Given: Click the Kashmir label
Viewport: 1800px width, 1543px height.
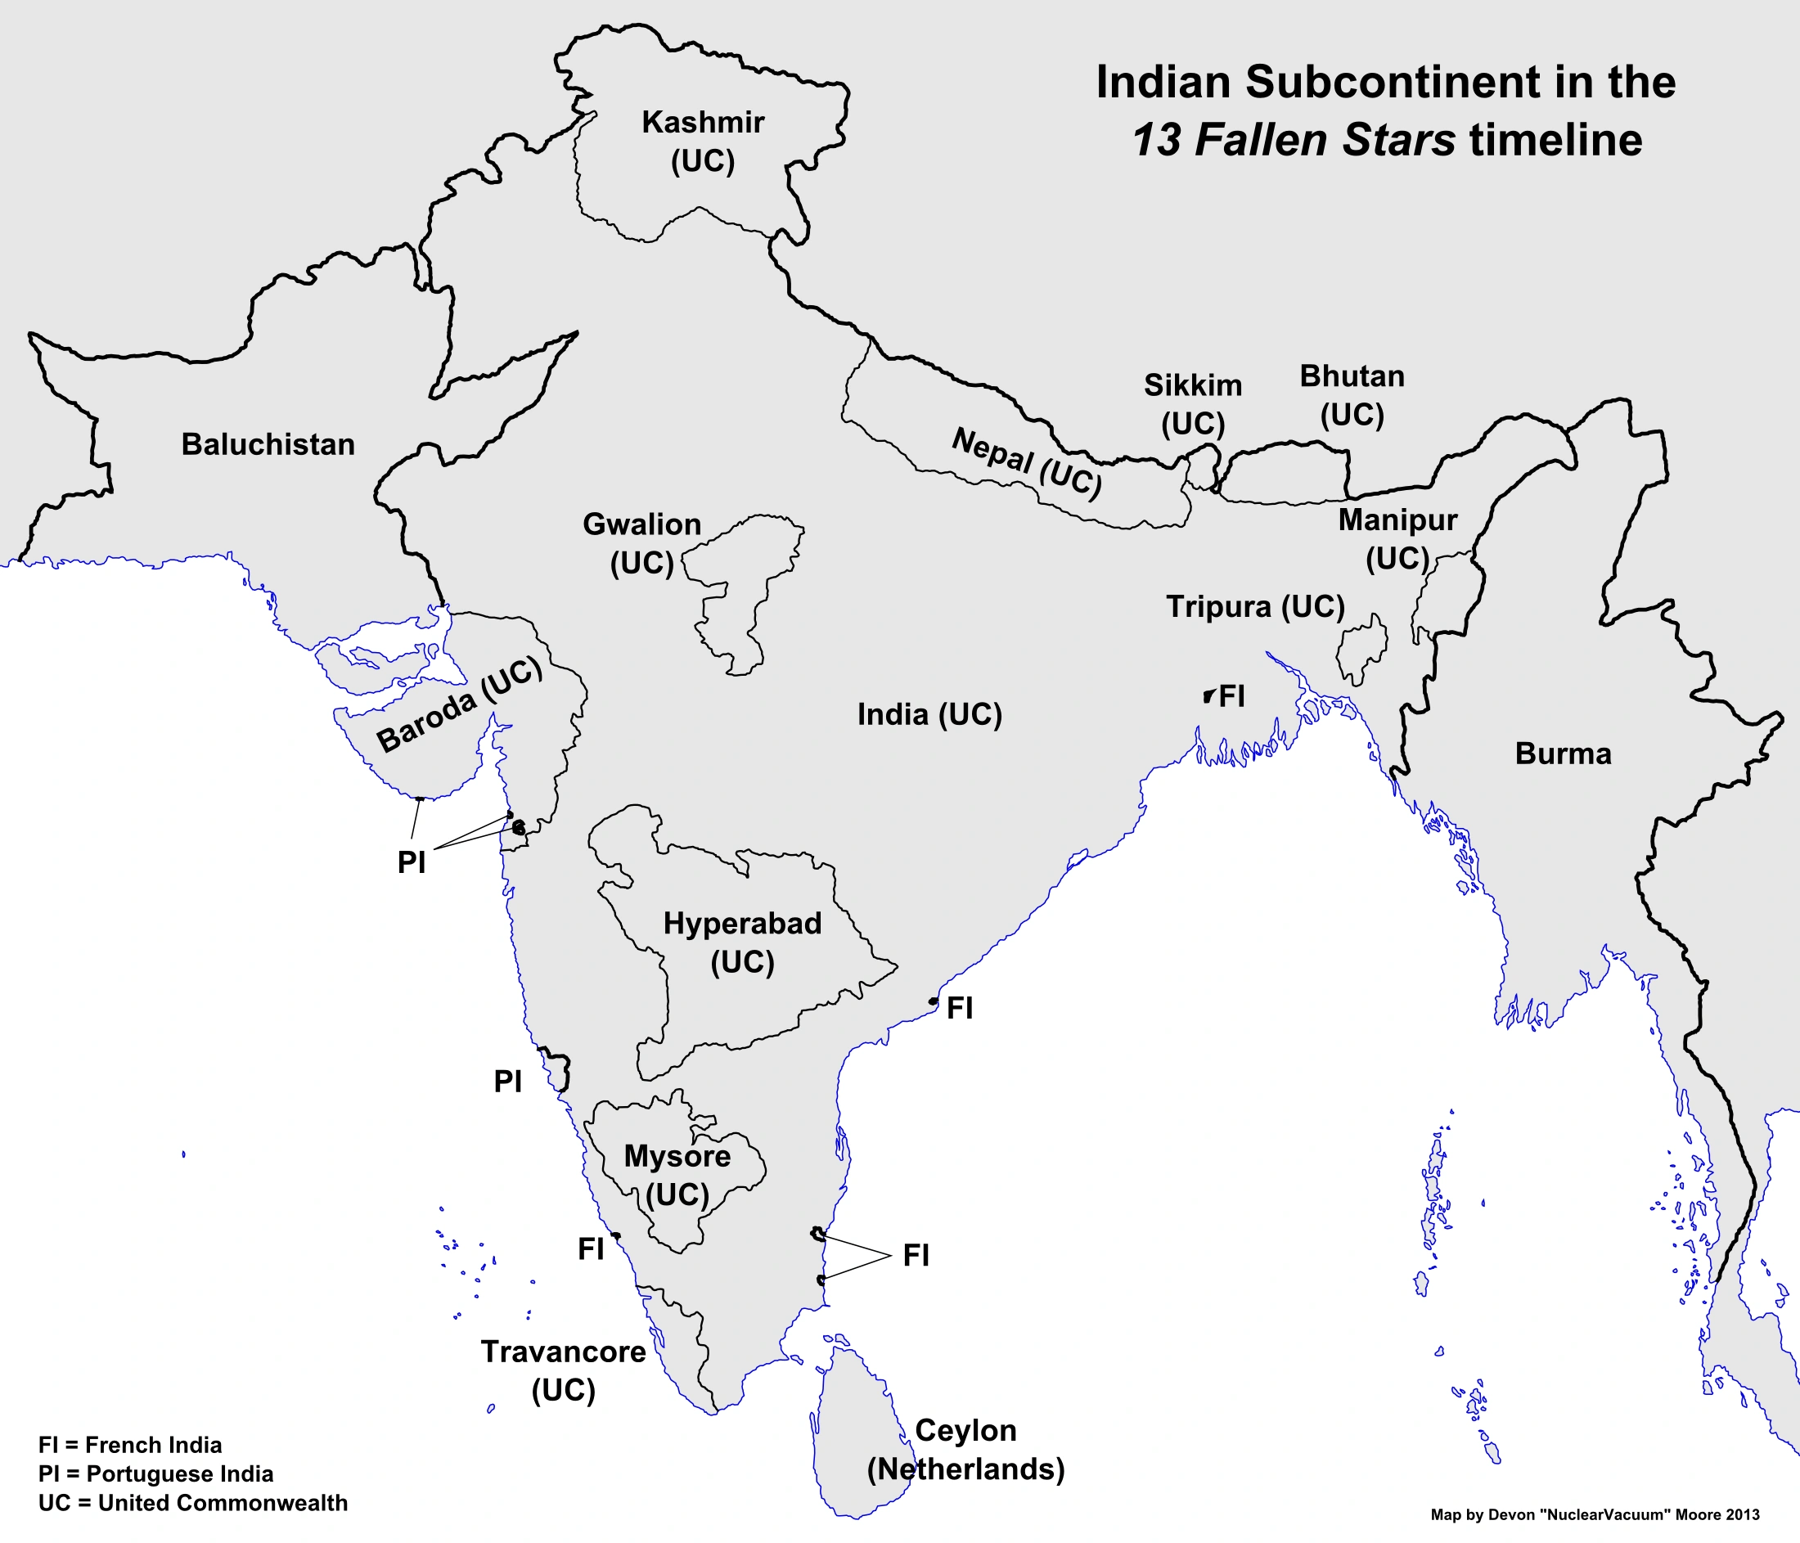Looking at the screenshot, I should (703, 123).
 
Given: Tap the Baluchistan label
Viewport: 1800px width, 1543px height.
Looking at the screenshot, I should (268, 445).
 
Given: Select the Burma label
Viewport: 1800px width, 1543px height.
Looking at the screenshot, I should (1563, 754).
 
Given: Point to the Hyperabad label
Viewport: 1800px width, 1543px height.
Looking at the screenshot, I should (742, 923).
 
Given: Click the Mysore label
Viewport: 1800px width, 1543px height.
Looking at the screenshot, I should (677, 1156).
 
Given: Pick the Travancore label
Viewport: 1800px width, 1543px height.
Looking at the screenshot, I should (563, 1352).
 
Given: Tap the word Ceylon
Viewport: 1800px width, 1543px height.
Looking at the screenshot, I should (965, 1430).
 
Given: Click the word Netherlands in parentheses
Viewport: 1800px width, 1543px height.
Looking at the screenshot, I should (965, 1469).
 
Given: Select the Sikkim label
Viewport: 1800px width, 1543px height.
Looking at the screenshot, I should (1192, 385).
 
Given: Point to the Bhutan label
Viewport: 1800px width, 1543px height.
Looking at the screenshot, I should (1352, 376).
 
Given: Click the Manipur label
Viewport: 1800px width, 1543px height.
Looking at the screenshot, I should (1397, 520).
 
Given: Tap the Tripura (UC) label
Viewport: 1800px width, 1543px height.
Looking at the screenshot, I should (1254, 606).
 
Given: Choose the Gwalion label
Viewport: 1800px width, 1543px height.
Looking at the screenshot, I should (641, 524).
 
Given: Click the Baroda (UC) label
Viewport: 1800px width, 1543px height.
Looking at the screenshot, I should (460, 704).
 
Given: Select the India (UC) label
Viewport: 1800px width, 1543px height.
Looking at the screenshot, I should (929, 714).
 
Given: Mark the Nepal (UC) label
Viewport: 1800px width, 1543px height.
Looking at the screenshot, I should (1027, 462).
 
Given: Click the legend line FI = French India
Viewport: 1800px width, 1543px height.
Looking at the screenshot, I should (130, 1445).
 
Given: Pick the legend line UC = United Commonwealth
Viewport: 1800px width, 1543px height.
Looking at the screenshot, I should (193, 1502).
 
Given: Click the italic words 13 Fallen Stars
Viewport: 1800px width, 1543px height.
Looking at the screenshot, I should (1293, 140).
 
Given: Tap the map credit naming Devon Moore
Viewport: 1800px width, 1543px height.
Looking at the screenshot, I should (1595, 1514).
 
